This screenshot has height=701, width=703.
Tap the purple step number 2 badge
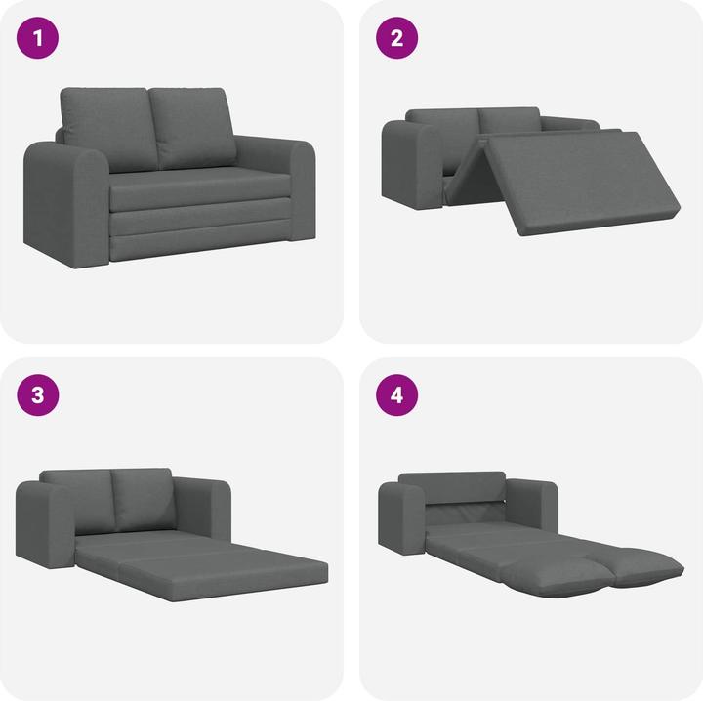397,40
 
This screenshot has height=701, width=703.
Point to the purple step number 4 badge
397,395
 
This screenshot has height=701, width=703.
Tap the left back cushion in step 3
78,498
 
